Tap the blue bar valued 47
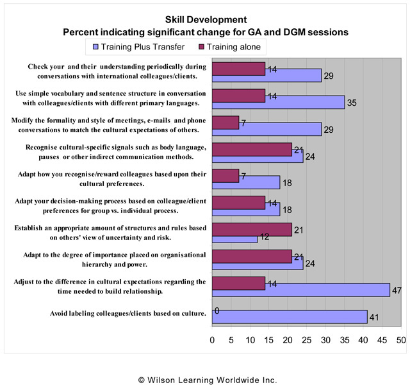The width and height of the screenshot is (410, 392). coord(300,289)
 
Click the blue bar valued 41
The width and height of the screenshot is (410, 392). coord(289,316)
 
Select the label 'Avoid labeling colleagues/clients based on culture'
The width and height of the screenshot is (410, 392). coord(127,314)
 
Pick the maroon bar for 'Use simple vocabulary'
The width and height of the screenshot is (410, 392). coord(238,95)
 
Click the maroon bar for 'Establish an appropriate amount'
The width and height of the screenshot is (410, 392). coord(252,229)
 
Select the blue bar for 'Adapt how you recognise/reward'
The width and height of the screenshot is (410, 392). coord(246,183)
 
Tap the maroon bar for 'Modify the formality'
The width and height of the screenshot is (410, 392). coord(225,122)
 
